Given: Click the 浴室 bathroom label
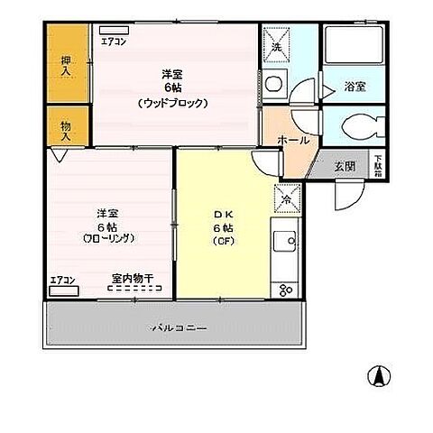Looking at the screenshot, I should point(354,88).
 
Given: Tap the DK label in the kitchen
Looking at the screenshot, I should point(223,214).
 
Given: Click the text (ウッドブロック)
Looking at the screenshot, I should point(174,103).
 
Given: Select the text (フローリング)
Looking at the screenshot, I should point(109,240).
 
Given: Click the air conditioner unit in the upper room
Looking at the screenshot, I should point(114,30).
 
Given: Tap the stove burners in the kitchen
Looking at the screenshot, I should point(287,290).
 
